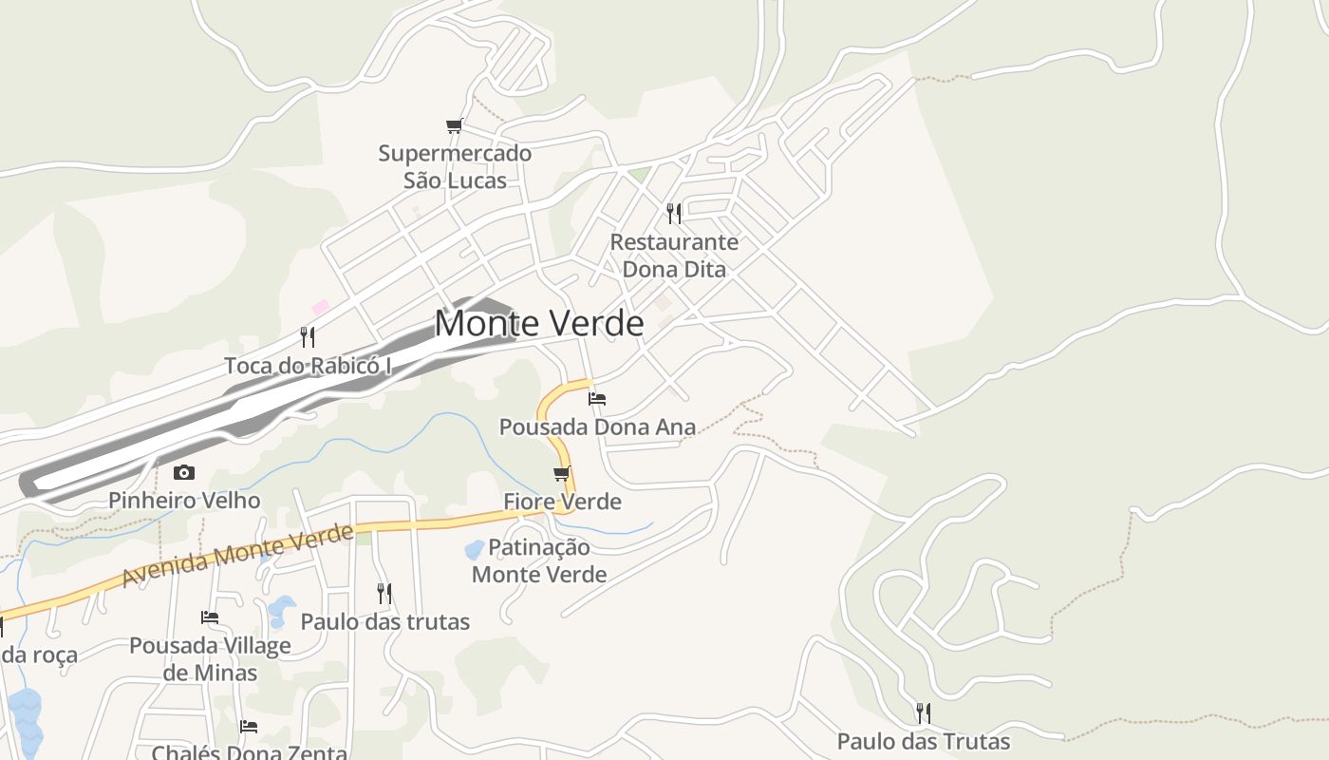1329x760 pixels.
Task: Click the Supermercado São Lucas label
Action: point(455,166)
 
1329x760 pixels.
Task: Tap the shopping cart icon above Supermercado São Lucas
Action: point(455,125)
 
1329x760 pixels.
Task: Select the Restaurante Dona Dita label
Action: point(674,256)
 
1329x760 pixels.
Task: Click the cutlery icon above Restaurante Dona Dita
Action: point(674,213)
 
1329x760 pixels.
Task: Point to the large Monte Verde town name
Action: point(539,324)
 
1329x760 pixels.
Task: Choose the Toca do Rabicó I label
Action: point(308,366)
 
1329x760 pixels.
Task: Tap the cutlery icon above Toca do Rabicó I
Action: point(308,336)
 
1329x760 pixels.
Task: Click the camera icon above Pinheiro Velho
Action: point(184,472)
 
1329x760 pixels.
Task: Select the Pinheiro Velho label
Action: point(184,501)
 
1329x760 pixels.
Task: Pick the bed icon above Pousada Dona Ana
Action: point(597,398)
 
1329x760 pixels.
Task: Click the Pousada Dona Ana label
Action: point(598,427)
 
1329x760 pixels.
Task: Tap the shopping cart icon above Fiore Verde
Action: point(562,473)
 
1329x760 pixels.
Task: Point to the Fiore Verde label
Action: point(562,502)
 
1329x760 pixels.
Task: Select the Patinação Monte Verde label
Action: point(539,560)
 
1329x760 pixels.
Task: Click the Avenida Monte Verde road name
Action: point(237,558)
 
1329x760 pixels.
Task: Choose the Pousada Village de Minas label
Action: point(210,659)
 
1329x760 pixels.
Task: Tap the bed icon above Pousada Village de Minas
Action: point(210,617)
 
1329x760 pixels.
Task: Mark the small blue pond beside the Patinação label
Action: point(474,550)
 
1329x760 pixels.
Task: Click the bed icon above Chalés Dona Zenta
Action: point(249,727)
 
